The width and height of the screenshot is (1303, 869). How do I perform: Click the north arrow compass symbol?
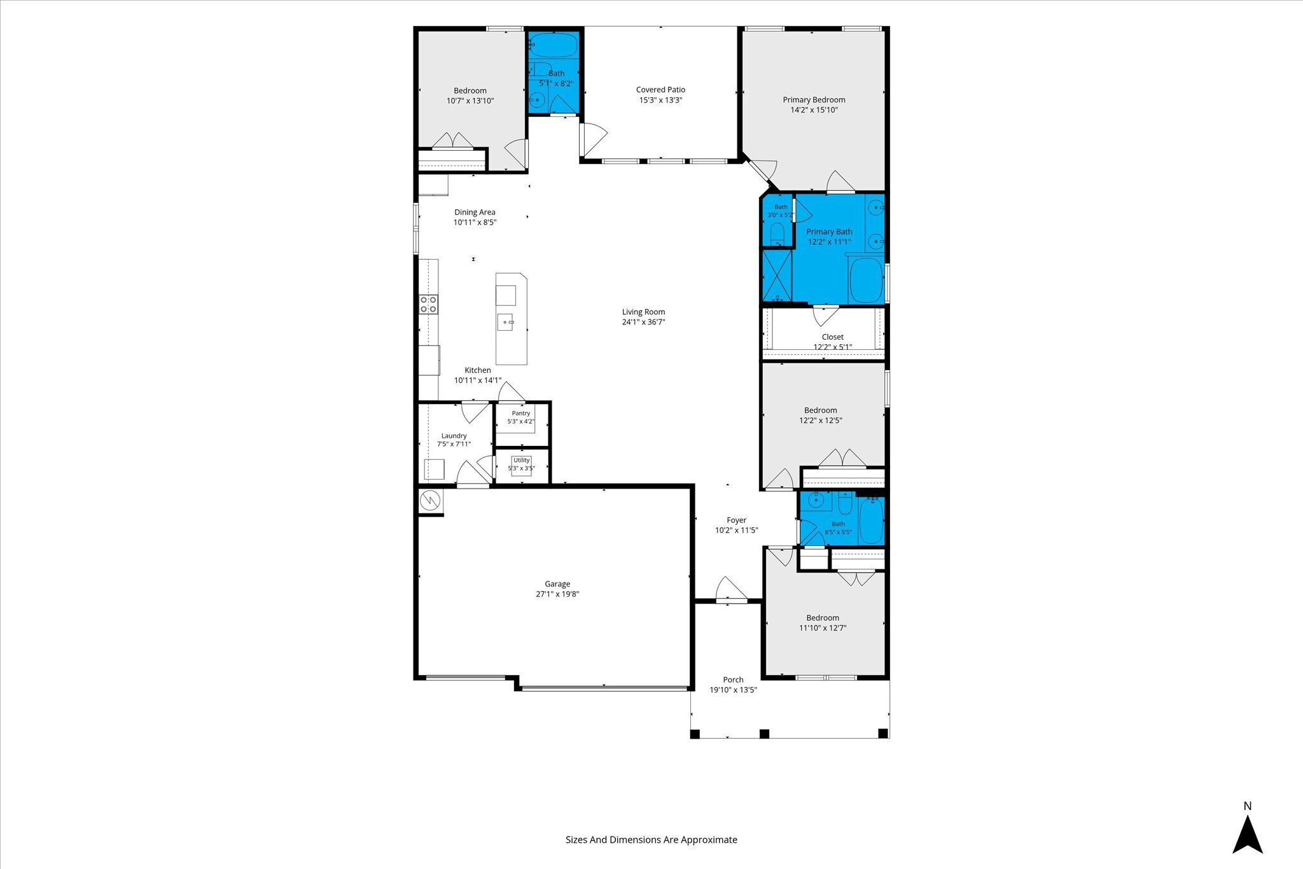pos(1248,837)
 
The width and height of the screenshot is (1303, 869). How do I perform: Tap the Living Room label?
pos(643,312)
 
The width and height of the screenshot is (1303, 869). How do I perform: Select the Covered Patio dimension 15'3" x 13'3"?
pos(660,100)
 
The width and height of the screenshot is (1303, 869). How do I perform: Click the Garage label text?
pos(557,584)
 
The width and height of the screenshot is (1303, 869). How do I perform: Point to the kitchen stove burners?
pos(429,304)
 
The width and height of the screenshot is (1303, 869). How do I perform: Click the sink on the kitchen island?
pos(506,323)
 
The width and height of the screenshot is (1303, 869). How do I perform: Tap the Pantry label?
pos(521,414)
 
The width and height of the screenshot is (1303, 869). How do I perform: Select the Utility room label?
pos(522,460)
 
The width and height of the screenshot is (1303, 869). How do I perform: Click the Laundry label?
pos(454,436)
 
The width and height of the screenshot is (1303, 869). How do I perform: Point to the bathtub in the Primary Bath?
pos(867,281)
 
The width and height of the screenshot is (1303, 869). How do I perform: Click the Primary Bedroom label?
pos(814,100)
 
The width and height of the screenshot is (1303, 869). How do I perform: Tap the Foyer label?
pos(736,520)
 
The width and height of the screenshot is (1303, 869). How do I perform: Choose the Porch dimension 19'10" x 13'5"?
pos(733,690)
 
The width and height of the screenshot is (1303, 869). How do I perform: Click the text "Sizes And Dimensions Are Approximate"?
pos(651,840)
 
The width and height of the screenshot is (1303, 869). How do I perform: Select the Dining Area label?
pos(475,212)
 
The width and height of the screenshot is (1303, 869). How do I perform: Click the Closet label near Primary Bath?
pos(832,337)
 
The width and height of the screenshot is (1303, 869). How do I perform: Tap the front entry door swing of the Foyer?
pos(732,588)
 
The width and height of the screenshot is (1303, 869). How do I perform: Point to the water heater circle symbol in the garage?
pos(430,500)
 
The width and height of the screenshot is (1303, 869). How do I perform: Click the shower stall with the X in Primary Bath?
pos(777,275)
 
